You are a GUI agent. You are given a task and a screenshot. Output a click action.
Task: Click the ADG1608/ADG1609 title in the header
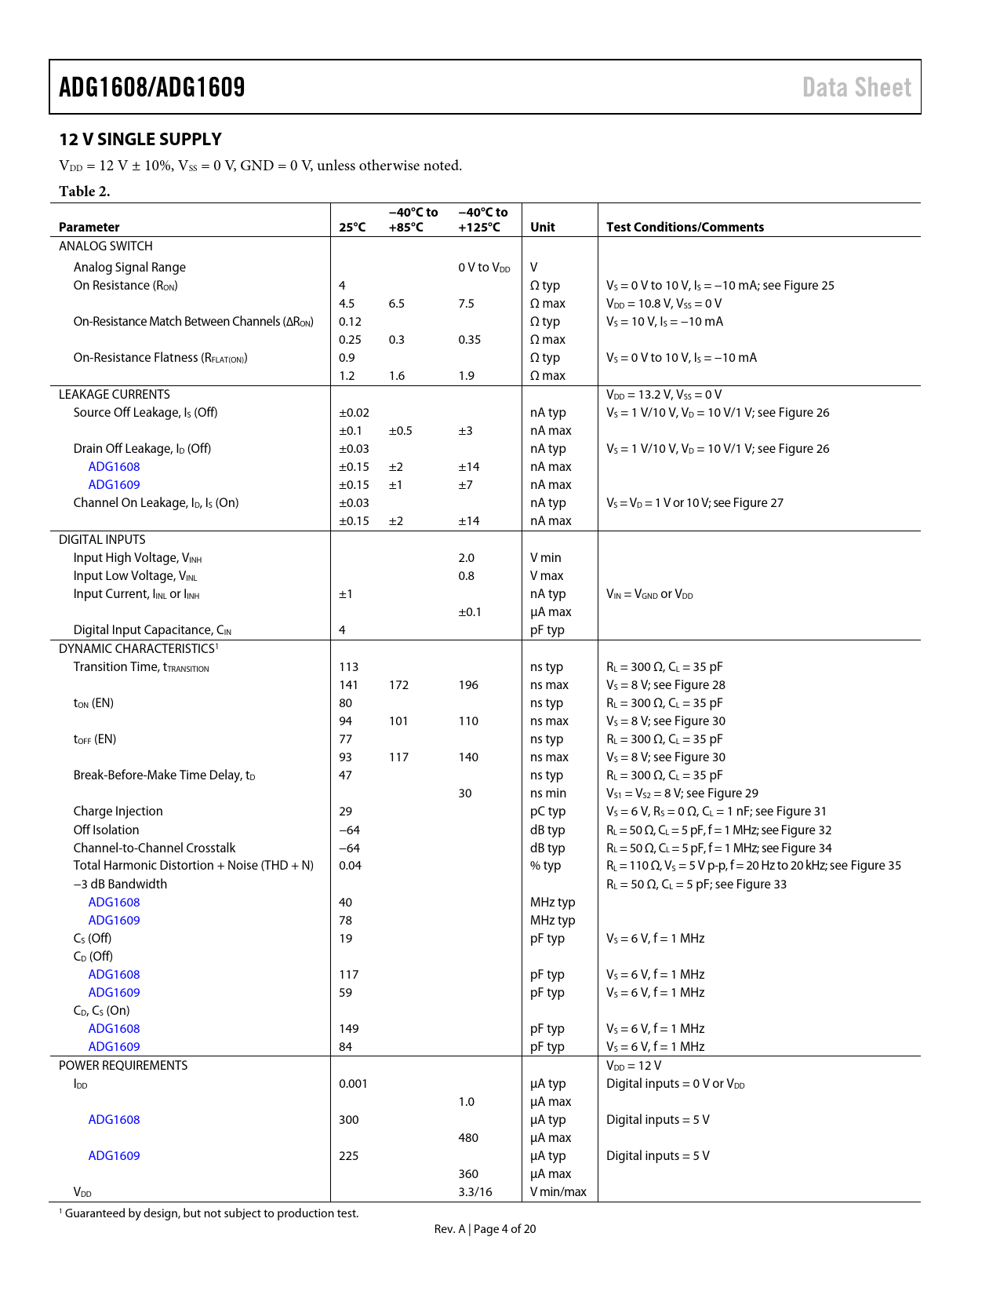(x=152, y=87)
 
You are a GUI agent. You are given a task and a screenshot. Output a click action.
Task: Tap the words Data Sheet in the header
(x=856, y=87)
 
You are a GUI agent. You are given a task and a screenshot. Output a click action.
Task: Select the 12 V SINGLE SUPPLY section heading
(x=140, y=140)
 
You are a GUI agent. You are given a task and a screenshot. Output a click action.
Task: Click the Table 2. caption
(x=85, y=192)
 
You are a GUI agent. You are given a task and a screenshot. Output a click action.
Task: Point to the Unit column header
(x=542, y=227)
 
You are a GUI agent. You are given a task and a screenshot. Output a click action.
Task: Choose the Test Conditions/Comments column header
(x=685, y=227)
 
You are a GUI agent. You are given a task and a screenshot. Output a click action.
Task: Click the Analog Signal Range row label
(x=129, y=268)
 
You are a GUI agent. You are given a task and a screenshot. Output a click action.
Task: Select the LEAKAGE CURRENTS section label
(x=115, y=395)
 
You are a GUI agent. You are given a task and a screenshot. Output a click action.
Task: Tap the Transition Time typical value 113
(x=348, y=667)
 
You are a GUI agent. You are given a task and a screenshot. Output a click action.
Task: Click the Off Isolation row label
(x=106, y=830)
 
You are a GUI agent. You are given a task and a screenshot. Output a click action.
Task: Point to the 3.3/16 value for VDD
(x=475, y=1192)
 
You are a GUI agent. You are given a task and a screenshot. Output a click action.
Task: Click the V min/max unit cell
(x=558, y=1192)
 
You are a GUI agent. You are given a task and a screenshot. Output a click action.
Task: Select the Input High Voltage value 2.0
(x=467, y=558)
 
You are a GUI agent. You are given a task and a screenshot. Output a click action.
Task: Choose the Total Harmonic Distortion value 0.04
(x=350, y=866)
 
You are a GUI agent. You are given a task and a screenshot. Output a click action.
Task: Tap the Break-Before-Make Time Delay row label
(x=164, y=775)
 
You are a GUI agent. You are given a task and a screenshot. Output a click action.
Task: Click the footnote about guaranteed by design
(x=209, y=1213)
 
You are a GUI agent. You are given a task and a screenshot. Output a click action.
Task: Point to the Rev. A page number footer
(x=485, y=1229)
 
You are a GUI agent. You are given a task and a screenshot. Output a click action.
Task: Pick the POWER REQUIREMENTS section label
(x=123, y=1066)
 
